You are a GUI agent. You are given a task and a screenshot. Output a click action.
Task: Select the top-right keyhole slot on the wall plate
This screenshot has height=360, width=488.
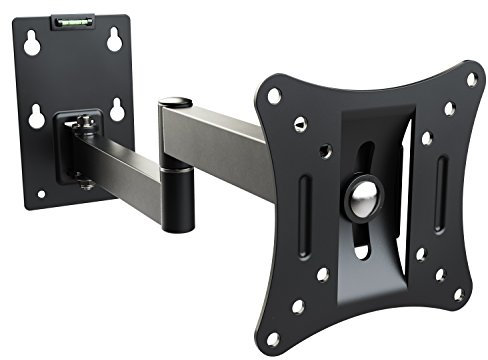[x=114, y=38]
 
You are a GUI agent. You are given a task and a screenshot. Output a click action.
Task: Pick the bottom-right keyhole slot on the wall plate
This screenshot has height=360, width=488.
[x=117, y=109]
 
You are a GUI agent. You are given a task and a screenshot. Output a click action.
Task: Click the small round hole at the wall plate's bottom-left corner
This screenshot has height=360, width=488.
[x=40, y=193]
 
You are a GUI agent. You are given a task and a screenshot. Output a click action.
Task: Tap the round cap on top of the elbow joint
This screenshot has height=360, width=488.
[x=176, y=102]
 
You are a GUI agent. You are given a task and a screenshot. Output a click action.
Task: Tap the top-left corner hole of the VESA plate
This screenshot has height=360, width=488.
[x=273, y=97]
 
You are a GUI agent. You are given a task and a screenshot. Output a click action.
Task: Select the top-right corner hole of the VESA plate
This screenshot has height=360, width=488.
[x=471, y=78]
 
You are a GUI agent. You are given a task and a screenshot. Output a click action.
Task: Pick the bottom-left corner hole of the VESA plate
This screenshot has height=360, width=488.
[x=272, y=339]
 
